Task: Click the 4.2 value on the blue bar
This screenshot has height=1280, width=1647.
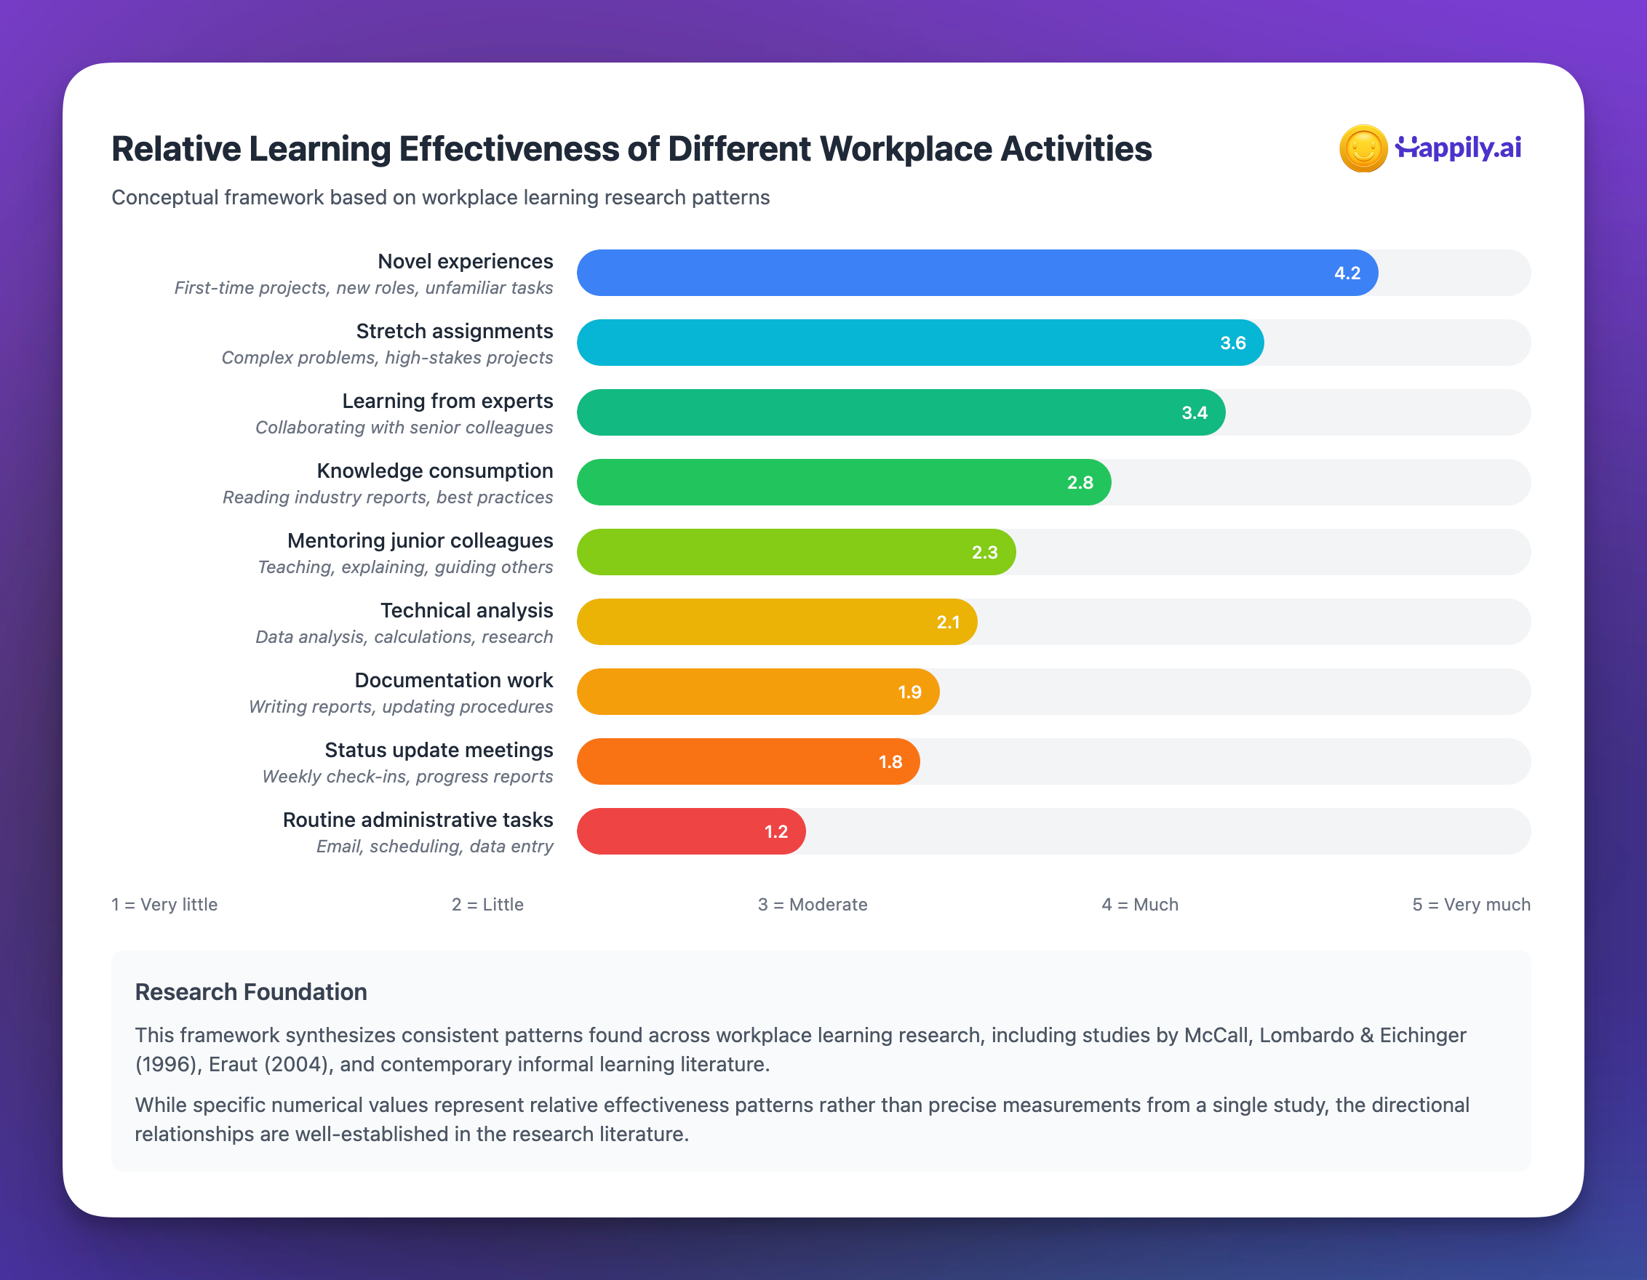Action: tap(1347, 273)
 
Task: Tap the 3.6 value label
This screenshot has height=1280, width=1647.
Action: tap(1232, 343)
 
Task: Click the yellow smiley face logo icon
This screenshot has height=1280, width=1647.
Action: tap(1363, 148)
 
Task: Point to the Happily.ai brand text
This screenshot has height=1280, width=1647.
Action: tap(1459, 147)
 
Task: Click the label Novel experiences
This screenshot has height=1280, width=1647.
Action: tap(465, 262)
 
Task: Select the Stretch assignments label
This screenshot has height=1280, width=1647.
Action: tap(454, 331)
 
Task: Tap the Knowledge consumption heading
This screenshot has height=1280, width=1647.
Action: tap(434, 471)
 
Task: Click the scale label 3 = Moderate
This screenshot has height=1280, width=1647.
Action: tap(812, 904)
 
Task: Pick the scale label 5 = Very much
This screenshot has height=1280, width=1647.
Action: tap(1470, 904)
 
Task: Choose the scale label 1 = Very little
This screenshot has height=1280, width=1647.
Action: tap(164, 904)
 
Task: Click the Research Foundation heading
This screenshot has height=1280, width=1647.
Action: tap(250, 991)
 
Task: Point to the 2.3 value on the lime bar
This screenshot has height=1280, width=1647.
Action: tap(984, 553)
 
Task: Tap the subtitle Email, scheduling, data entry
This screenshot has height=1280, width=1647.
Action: tap(434, 847)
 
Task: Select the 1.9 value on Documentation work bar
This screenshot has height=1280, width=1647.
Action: tap(909, 692)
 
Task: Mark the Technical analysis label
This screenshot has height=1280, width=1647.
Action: tap(466, 610)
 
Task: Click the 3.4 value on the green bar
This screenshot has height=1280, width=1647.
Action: tap(1194, 413)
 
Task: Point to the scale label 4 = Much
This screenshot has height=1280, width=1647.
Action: tap(1139, 904)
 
